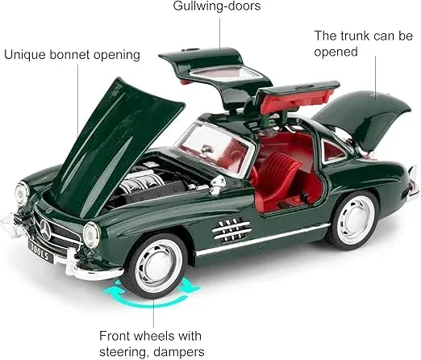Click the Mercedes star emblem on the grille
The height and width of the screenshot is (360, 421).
click(46, 230)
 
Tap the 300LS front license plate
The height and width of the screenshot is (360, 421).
click(41, 251)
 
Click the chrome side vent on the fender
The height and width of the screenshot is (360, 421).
click(231, 229)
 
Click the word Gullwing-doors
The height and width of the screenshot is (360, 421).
click(217, 6)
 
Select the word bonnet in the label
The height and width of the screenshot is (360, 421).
click(69, 55)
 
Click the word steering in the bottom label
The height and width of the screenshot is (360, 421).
click(122, 352)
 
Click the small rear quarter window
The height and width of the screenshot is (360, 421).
click(332, 151)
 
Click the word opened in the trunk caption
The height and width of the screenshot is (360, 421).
click(336, 52)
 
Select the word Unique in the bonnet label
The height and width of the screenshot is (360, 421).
click(25, 55)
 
